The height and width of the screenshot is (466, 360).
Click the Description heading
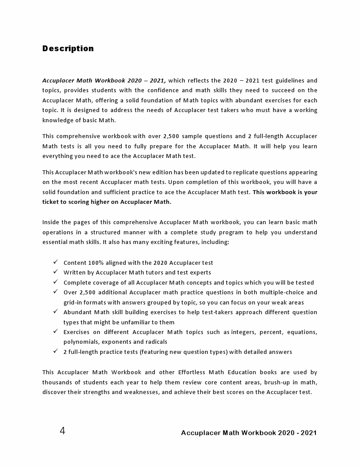[68, 49]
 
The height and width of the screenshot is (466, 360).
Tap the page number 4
[62, 431]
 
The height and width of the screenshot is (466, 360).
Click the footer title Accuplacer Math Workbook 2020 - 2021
[249, 433]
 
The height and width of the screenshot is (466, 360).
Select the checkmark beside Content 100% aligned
[55, 262]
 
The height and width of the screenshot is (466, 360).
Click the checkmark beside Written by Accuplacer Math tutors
[55, 272]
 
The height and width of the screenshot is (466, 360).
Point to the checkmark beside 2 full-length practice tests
[55, 351]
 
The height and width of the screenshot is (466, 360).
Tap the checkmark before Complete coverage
[55, 282]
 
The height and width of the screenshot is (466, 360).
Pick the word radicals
[156, 342]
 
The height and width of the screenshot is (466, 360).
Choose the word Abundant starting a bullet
[77, 312]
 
